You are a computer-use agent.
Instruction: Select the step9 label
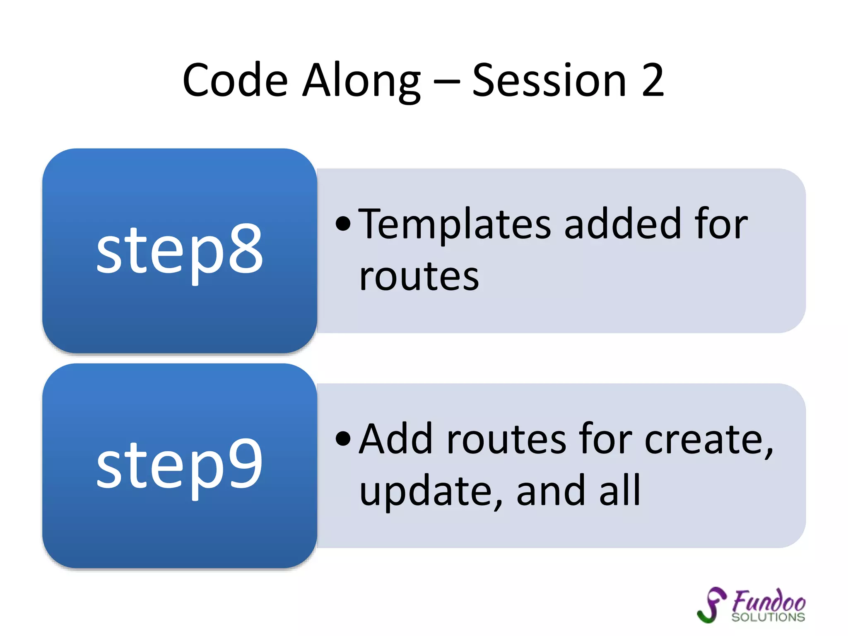(179, 465)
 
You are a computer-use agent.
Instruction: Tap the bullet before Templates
(343, 224)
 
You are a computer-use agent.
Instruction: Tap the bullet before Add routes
(343, 439)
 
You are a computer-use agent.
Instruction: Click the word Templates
(454, 224)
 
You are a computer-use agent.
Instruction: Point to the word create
(708, 440)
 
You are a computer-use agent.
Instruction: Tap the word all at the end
(620, 491)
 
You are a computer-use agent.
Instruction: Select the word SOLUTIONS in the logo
(768, 617)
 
